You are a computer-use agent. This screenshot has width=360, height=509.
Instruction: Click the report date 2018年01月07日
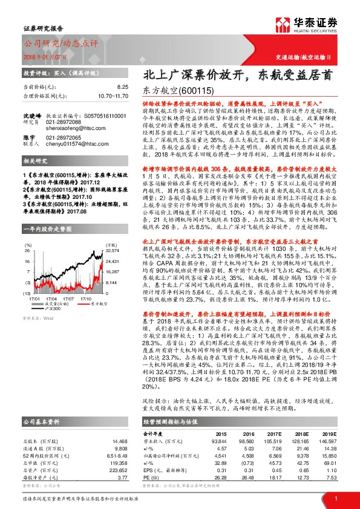42,55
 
